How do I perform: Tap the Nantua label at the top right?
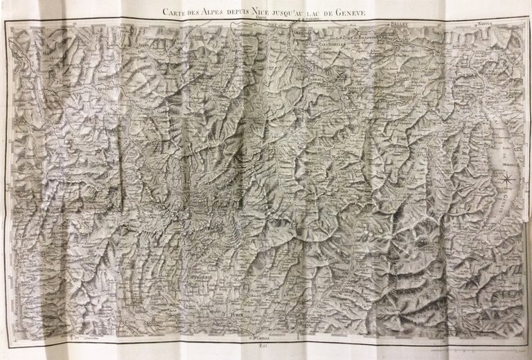coord(485,24)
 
